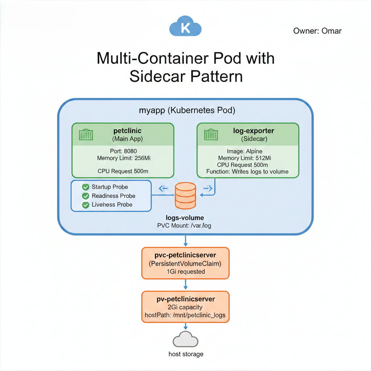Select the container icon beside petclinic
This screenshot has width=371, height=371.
(86, 135)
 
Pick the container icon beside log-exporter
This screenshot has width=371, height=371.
(211, 135)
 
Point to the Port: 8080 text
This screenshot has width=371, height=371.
(123, 151)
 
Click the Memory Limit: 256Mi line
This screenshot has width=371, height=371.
(123, 158)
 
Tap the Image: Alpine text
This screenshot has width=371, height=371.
(244, 151)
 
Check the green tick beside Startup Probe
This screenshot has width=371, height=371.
(86, 187)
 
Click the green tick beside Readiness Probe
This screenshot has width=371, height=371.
(86, 196)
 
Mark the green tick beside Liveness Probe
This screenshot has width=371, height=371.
(86, 205)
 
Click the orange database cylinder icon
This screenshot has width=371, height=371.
(185, 196)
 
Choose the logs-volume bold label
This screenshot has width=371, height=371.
(185, 218)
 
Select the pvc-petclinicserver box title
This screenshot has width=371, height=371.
(185, 255)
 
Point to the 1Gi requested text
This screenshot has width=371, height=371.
(185, 271)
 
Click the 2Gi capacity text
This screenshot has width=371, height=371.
(185, 307)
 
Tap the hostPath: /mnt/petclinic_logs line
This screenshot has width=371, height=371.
(185, 315)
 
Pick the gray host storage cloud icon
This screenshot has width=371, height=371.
(185, 339)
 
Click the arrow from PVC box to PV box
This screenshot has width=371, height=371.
(185, 284)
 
